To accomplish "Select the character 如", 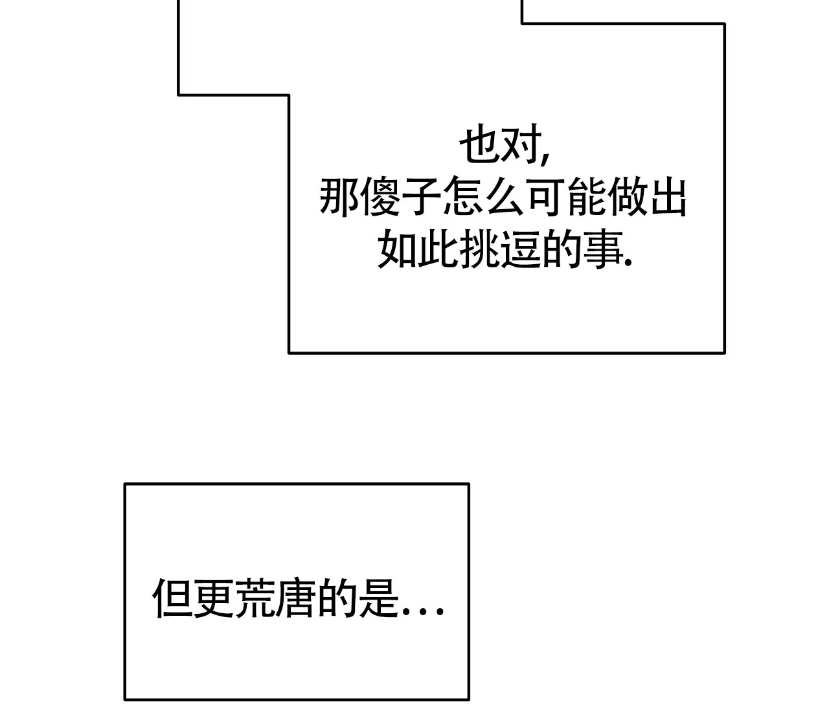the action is click(397, 249).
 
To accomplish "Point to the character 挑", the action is click(480, 249).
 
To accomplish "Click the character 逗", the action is click(521, 249).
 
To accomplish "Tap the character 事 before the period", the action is click(603, 249).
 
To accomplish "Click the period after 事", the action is click(628, 263).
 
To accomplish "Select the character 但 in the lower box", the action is click(172, 598).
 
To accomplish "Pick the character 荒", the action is click(255, 598).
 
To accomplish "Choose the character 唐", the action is click(295, 598).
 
